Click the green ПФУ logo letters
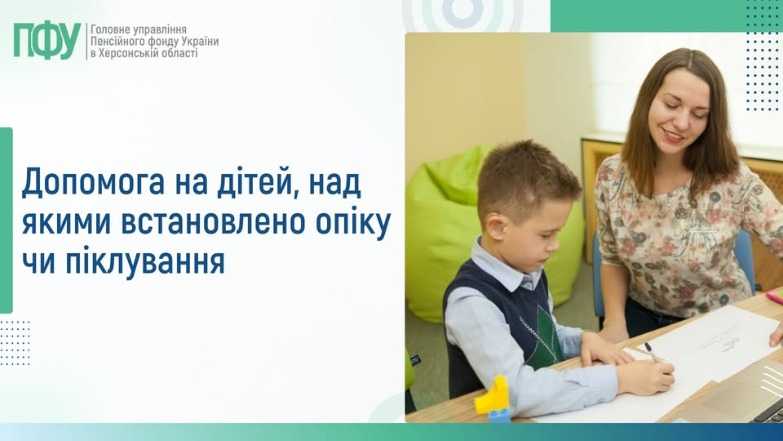point(47,40)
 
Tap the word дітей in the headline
point(241,181)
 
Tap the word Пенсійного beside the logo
point(122,41)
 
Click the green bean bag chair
point(445,229)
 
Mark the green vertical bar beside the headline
point(7,220)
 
